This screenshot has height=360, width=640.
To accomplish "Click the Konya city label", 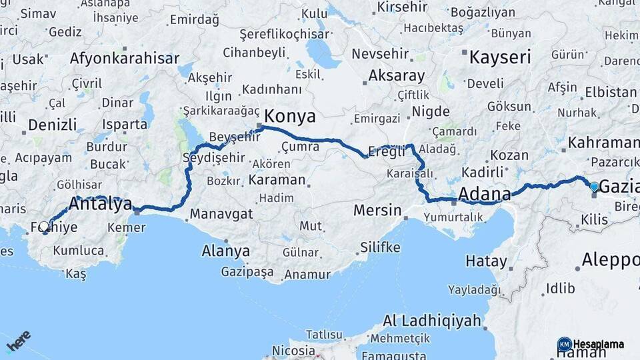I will point(291,117).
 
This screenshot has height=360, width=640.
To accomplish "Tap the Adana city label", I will point(485,194).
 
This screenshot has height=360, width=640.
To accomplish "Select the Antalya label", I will point(101,205).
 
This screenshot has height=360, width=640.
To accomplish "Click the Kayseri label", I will point(500,57).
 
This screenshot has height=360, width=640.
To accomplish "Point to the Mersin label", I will point(377,211).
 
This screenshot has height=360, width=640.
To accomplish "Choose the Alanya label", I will point(226,251).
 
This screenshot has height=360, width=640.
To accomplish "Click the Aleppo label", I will point(610,259).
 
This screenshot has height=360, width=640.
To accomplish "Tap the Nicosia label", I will point(293,350).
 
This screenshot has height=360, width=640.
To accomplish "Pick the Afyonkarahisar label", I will point(125,59).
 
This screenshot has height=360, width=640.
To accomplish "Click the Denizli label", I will point(53,125).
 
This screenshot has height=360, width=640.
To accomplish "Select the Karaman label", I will point(277,180).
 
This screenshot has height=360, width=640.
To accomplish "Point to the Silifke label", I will point(380,248).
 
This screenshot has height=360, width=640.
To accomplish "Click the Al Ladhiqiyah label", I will point(431,321).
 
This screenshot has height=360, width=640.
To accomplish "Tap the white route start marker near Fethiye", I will point(44,227).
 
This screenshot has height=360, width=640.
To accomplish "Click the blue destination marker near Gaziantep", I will point(595,187).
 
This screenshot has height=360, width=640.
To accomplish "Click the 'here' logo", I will point(18,341).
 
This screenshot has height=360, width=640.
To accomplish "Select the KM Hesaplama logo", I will point(591,344).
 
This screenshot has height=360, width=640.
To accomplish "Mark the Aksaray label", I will point(396,75).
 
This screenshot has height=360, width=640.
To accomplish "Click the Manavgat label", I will point(221,214).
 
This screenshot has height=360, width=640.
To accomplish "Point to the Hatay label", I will point(486,261).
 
